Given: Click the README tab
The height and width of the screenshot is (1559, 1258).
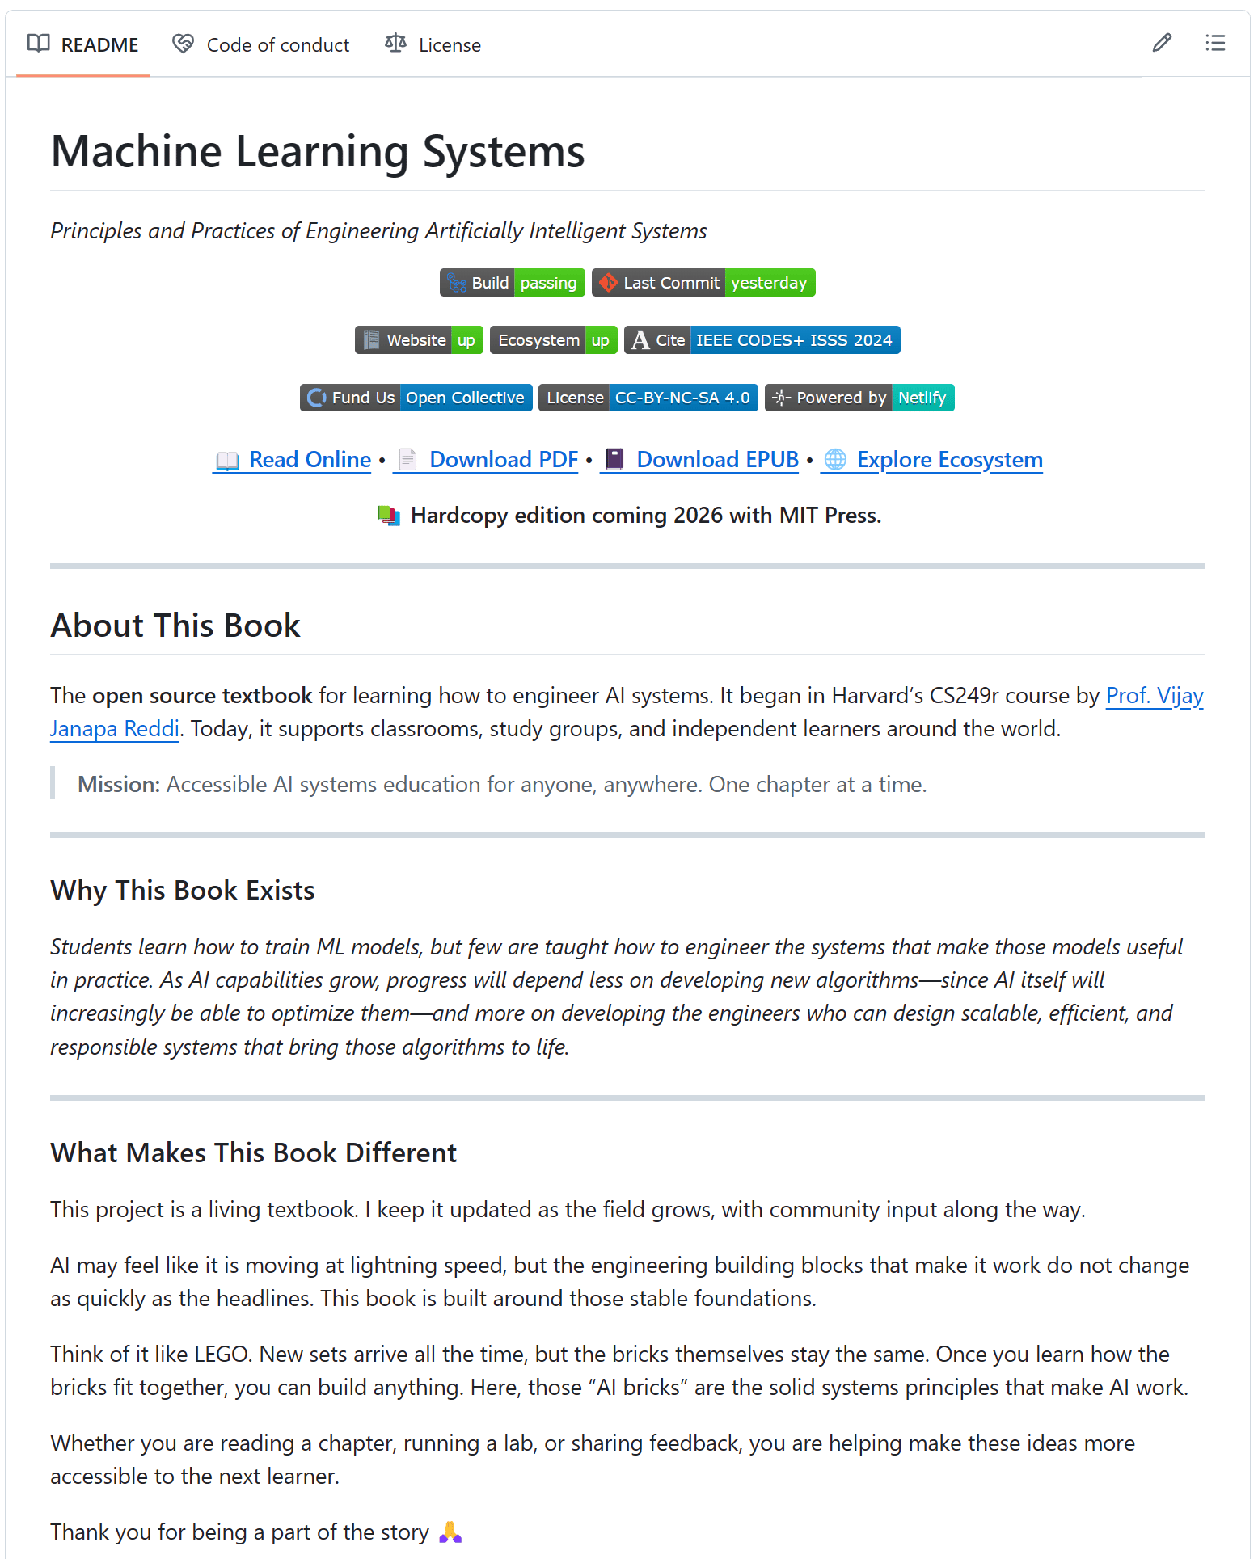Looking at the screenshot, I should (83, 44).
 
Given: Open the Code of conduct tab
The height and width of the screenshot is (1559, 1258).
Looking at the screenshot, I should (262, 44).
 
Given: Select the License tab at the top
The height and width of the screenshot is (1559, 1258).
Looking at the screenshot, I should (433, 44).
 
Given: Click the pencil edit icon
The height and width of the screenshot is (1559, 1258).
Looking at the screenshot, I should (1162, 43).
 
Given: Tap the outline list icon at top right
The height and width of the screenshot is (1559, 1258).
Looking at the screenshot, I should (1214, 43).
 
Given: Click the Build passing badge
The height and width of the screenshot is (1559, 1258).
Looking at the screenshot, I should (513, 283).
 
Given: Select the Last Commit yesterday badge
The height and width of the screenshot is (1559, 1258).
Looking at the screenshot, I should (703, 283).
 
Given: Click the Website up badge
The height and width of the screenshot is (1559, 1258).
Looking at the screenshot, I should (419, 340).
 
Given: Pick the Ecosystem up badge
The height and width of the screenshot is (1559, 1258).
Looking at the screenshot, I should (554, 340).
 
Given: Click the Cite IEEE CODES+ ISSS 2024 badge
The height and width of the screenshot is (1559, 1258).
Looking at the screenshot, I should (762, 340).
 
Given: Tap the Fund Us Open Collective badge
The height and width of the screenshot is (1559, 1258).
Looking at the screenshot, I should (416, 398).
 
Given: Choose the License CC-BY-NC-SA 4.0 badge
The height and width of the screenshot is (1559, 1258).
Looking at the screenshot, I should (648, 398).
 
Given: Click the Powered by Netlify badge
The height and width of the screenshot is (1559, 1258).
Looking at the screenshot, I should (859, 398).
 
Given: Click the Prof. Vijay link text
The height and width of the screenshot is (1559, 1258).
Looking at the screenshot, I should (1154, 696).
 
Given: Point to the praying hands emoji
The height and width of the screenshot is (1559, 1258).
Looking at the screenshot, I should (450, 1532).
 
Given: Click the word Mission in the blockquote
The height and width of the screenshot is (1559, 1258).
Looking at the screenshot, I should (118, 785).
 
